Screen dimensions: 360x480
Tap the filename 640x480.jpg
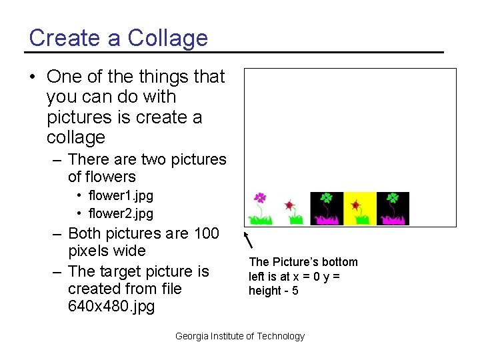pos(111,307)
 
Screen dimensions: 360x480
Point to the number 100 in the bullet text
pos(206,233)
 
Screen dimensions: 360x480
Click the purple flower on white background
pos(260,199)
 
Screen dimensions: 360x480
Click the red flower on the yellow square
pos(356,204)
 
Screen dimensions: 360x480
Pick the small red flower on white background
pos(289,205)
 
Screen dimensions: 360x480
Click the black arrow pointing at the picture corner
pos(249,241)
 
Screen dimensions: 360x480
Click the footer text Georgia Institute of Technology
pos(239,337)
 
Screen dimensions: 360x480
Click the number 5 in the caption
pos(295,291)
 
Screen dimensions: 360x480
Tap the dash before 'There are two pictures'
pos(58,160)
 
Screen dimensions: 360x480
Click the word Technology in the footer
pos(281,337)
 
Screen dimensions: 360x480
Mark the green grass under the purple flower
pos(259,218)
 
